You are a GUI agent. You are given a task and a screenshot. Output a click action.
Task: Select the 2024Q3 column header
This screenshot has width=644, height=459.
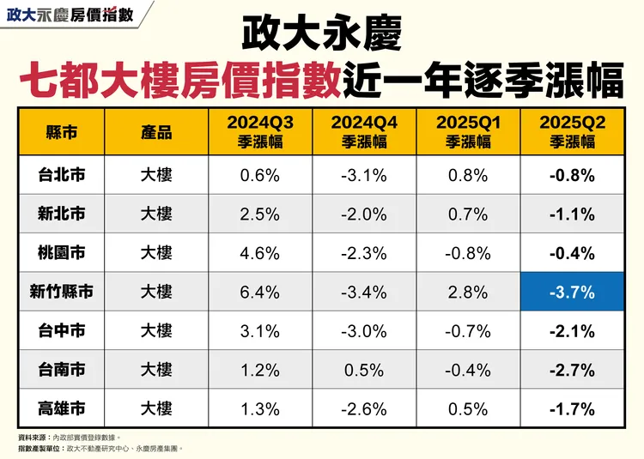pyautogui.click(x=260, y=132)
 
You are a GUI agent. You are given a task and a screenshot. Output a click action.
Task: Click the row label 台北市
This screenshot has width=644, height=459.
pyautogui.click(x=61, y=176)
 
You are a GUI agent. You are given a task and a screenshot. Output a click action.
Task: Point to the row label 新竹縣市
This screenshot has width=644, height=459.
pyautogui.click(x=61, y=293)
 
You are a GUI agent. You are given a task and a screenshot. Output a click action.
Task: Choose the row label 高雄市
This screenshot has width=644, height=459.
pyautogui.click(x=61, y=408)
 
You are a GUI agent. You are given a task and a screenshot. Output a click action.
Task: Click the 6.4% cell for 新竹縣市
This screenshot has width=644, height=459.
pyautogui.click(x=260, y=293)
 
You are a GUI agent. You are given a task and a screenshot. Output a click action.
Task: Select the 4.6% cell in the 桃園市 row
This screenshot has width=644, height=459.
pyautogui.click(x=260, y=253)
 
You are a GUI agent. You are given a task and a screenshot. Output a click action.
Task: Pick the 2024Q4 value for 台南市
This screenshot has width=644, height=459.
pyautogui.click(x=364, y=370)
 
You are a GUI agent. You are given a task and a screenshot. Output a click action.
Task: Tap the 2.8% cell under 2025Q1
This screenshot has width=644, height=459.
pyautogui.click(x=468, y=293)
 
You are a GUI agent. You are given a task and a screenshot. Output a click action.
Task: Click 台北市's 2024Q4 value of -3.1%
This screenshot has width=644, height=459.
pyautogui.click(x=364, y=176)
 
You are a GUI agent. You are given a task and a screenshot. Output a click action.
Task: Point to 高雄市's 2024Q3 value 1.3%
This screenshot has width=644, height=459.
pyautogui.click(x=260, y=408)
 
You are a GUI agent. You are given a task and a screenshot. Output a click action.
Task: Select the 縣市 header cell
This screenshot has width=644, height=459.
pyautogui.click(x=61, y=132)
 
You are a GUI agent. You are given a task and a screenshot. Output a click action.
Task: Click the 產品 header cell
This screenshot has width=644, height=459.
pyautogui.click(x=156, y=132)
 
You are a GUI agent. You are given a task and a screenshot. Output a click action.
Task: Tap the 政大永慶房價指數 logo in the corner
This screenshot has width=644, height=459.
pyautogui.click(x=72, y=15)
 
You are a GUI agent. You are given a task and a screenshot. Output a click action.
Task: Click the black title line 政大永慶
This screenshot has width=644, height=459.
pyautogui.click(x=321, y=35)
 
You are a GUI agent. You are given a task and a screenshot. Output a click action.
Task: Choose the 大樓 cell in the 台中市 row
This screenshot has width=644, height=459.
pyautogui.click(x=156, y=331)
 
